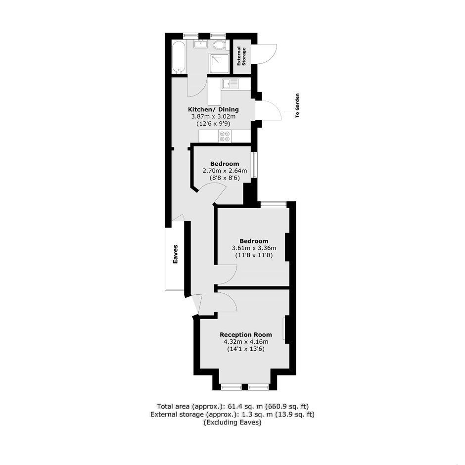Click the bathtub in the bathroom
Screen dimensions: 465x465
pos(179,57)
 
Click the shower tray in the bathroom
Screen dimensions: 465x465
pos(219,63)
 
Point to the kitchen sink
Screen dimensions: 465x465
pos(230,83)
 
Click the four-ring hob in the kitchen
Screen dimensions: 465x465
pos(225,136)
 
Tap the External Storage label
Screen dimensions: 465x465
pos(242,56)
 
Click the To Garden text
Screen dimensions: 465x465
pos(297,106)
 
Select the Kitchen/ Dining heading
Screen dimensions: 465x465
pos(213,110)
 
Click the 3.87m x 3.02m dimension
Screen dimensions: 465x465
pos(213,117)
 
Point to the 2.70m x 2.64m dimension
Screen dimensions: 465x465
pos(225,171)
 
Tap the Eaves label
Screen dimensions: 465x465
pos(176,254)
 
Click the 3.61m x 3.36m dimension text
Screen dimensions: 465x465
pos(254,248)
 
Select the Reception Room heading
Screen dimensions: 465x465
pos(246,335)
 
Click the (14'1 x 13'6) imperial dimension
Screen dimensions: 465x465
pos(246,349)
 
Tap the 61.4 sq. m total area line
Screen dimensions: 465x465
pos(233,406)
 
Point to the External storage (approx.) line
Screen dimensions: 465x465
pos(233,414)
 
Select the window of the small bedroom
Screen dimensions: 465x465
pos(254,165)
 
